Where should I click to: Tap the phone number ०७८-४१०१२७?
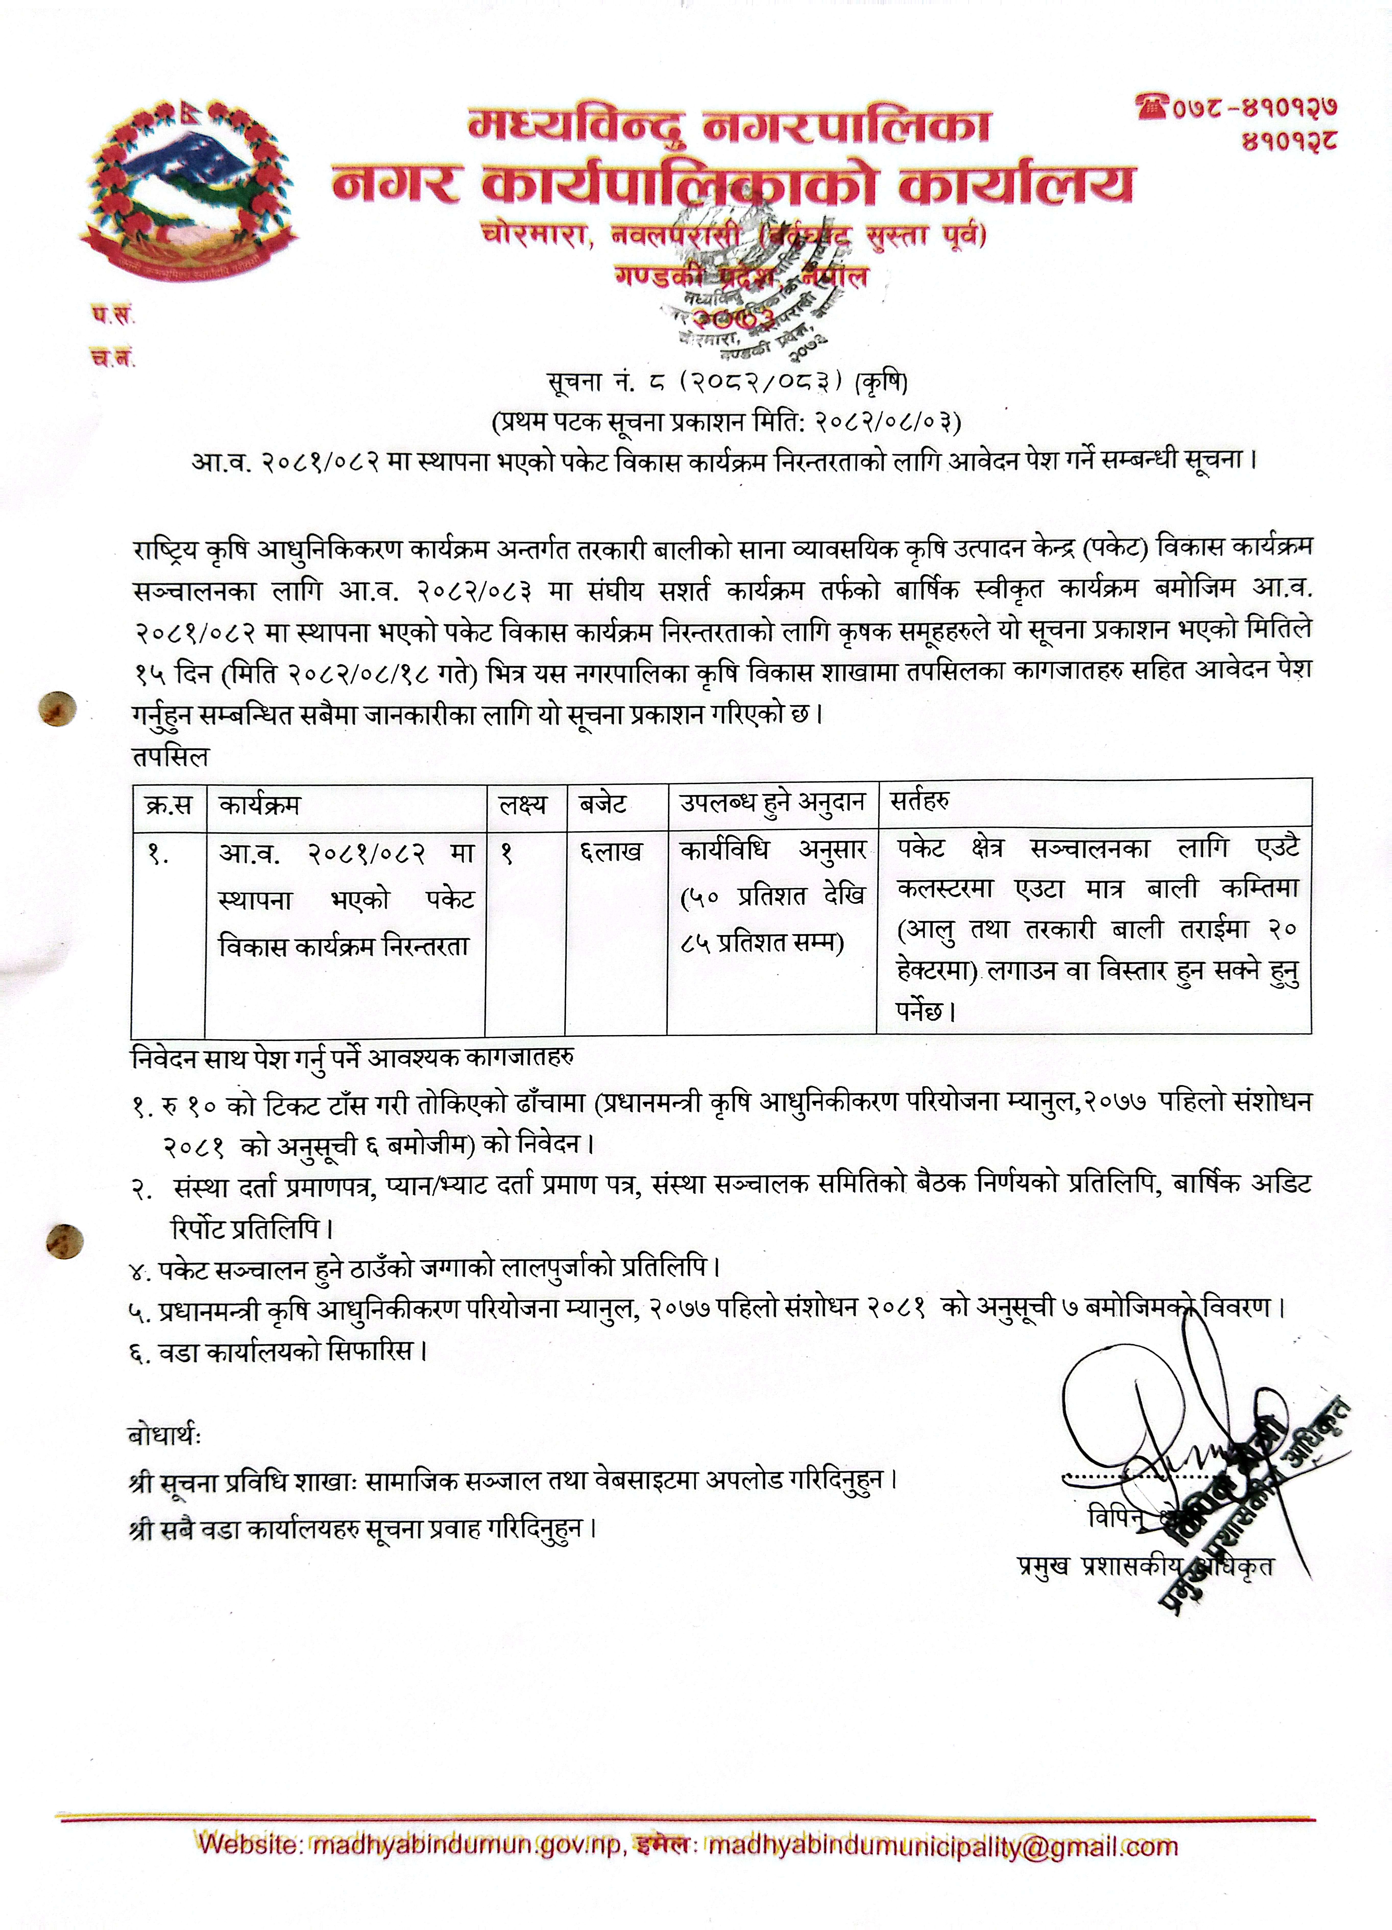(x=1252, y=107)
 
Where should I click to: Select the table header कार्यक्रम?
(x=260, y=804)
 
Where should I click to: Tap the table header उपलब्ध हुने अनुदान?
(x=771, y=802)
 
